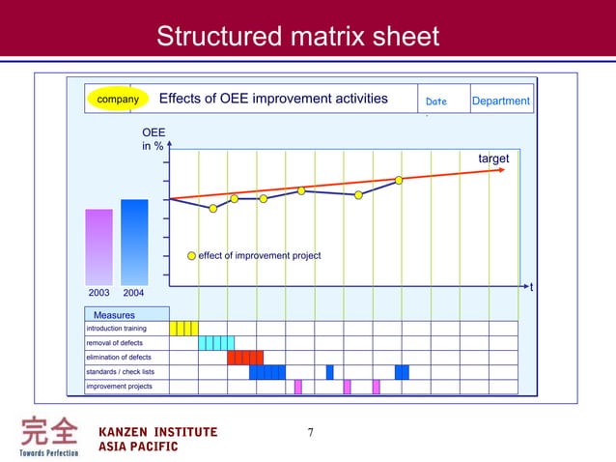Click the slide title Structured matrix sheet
click(x=297, y=37)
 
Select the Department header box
click(x=500, y=101)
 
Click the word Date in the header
click(x=436, y=101)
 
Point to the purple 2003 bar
click(x=99, y=246)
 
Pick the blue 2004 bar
click(x=134, y=242)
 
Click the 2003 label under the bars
click(x=98, y=292)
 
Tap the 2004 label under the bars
click(x=134, y=292)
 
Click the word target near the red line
click(x=493, y=159)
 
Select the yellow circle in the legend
click(x=191, y=256)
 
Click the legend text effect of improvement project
click(x=259, y=256)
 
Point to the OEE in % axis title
click(x=153, y=139)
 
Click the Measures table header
click(x=114, y=315)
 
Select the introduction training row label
click(x=117, y=329)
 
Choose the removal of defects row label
click(x=115, y=343)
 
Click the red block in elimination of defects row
click(x=245, y=358)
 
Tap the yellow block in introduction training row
click(x=183, y=329)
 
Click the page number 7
click(x=310, y=432)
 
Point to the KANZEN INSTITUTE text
click(x=158, y=431)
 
